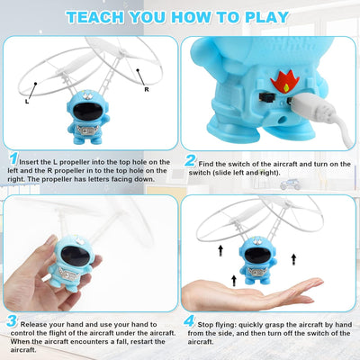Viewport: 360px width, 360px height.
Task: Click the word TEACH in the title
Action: coord(96,16)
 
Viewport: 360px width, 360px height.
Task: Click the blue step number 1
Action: coord(12,158)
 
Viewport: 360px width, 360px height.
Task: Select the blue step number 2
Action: coord(191,160)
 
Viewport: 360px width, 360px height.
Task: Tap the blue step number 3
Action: coord(12,320)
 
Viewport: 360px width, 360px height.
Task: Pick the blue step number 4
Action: coord(191,320)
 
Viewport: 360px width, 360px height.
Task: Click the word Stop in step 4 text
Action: coord(211,320)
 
